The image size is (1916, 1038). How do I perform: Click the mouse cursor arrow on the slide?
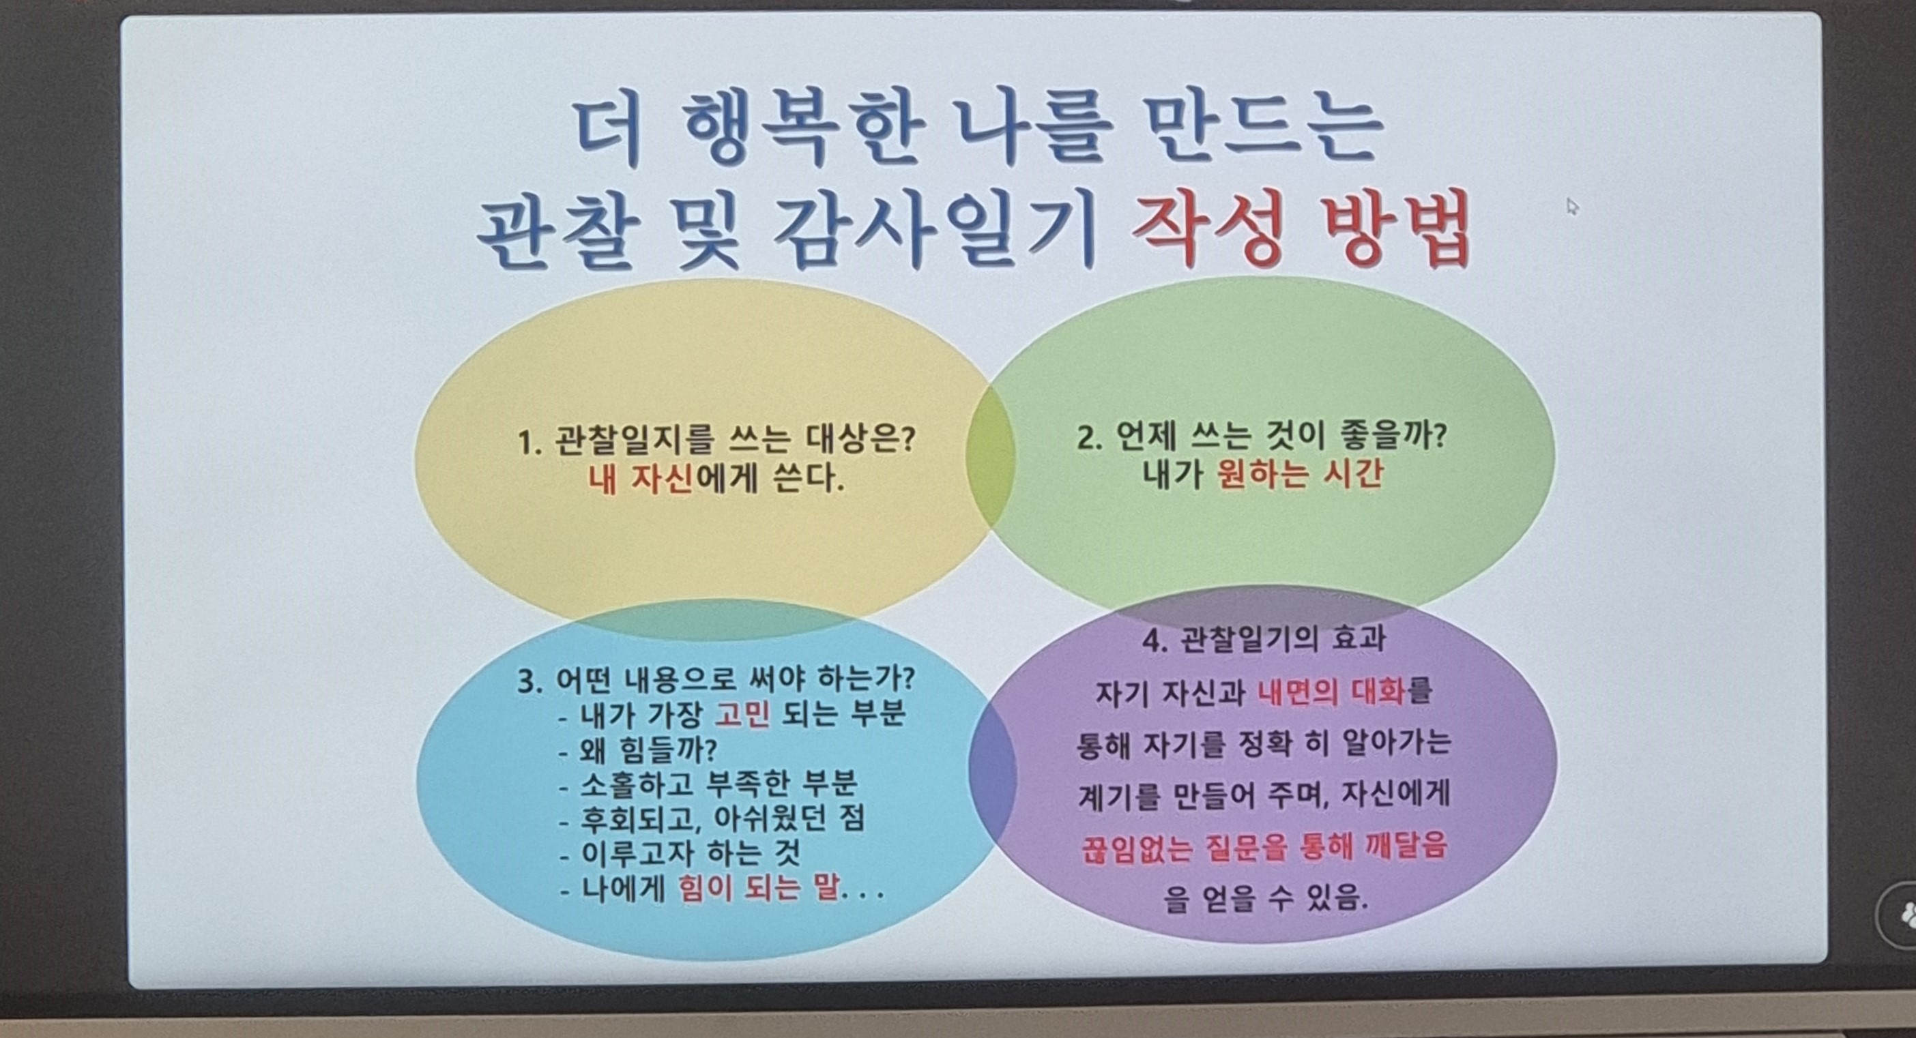click(1571, 206)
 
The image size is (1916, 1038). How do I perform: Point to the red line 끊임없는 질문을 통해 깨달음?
click(1264, 847)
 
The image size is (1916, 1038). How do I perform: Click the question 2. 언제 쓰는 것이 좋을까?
click(1262, 439)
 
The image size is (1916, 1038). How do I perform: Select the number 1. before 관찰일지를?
click(528, 445)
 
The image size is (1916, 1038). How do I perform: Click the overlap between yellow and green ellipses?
click(991, 455)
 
